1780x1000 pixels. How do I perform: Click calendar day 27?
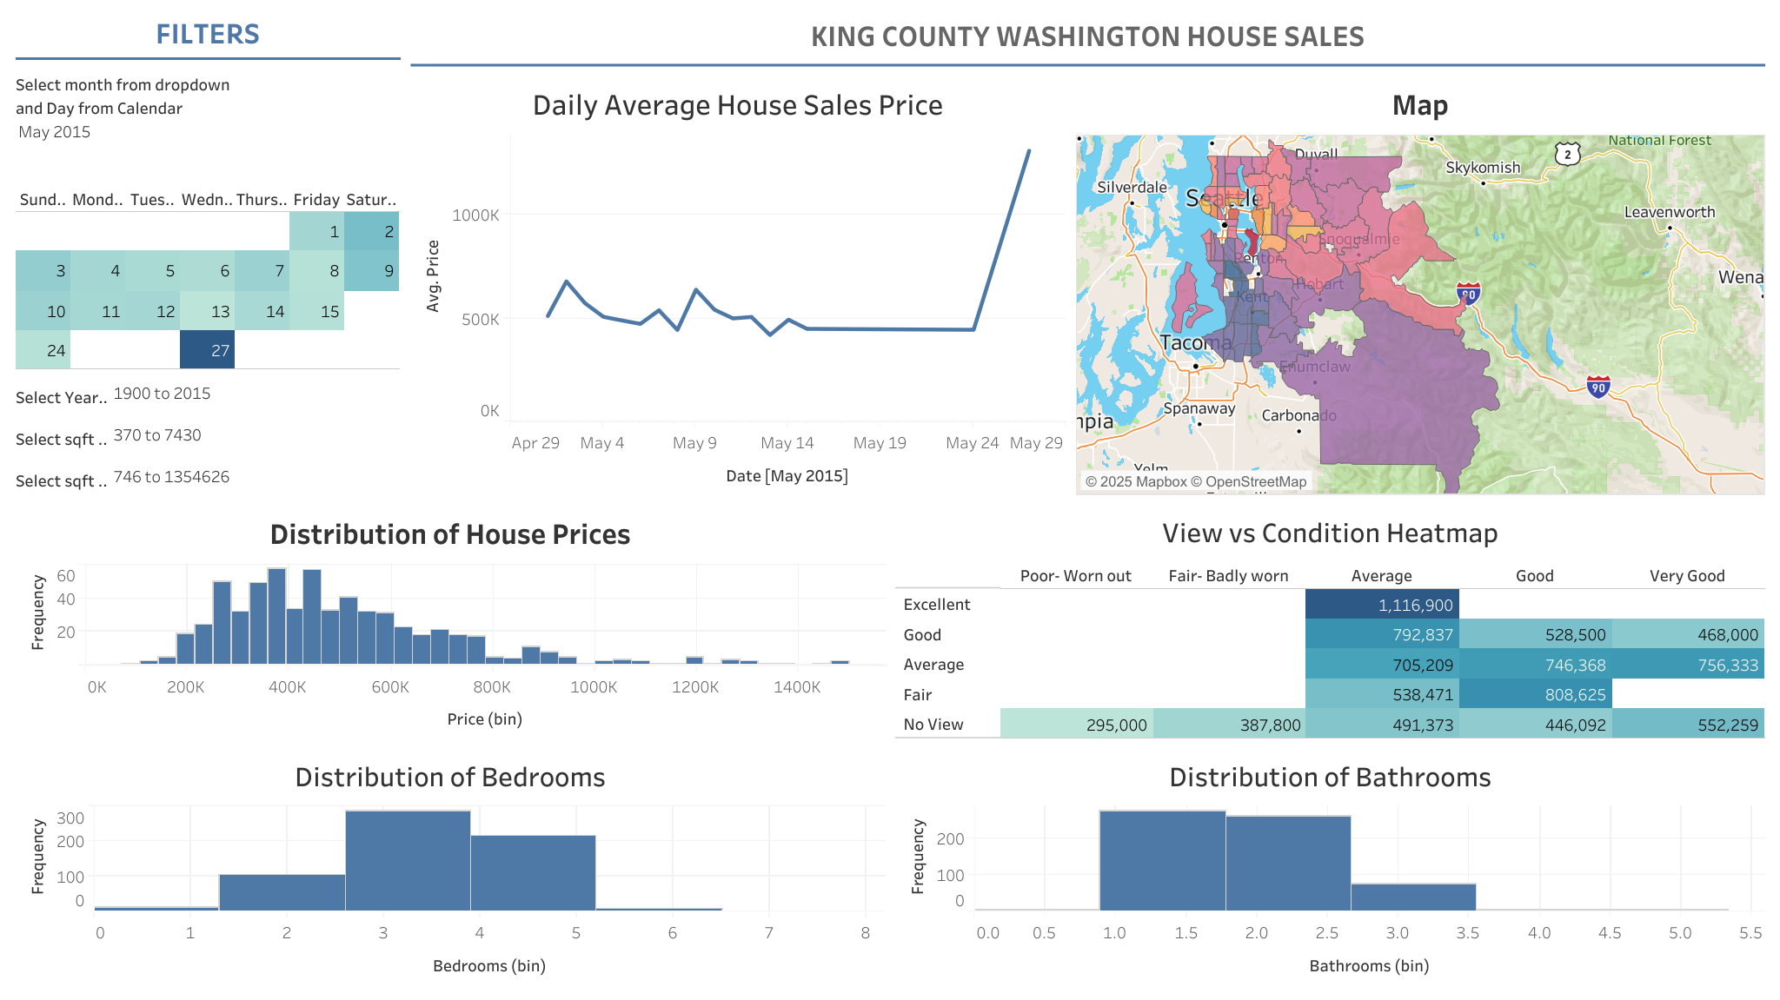point(207,350)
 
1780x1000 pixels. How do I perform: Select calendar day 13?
point(207,311)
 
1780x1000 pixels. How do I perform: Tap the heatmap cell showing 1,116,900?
point(1381,605)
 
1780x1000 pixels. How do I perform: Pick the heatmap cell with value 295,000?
point(1076,725)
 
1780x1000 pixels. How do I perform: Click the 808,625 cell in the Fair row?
point(1535,694)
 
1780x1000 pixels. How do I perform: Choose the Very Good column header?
point(1686,576)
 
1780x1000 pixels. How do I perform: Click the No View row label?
point(933,725)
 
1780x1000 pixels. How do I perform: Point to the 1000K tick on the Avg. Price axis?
point(475,215)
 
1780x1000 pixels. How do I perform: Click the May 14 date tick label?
point(787,443)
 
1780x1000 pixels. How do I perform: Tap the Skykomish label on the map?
point(1482,168)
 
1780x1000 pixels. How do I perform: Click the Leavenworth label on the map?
point(1669,212)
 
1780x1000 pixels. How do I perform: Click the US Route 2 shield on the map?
point(1567,155)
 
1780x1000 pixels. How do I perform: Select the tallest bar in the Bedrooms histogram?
point(408,860)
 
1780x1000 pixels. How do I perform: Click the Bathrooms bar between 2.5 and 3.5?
point(1413,897)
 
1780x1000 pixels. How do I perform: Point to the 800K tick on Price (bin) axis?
point(492,687)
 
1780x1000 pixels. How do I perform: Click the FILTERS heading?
point(208,34)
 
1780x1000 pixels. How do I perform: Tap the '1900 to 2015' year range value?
point(162,394)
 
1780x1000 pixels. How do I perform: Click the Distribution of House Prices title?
point(449,534)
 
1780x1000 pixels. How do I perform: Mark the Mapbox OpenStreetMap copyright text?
point(1195,481)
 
